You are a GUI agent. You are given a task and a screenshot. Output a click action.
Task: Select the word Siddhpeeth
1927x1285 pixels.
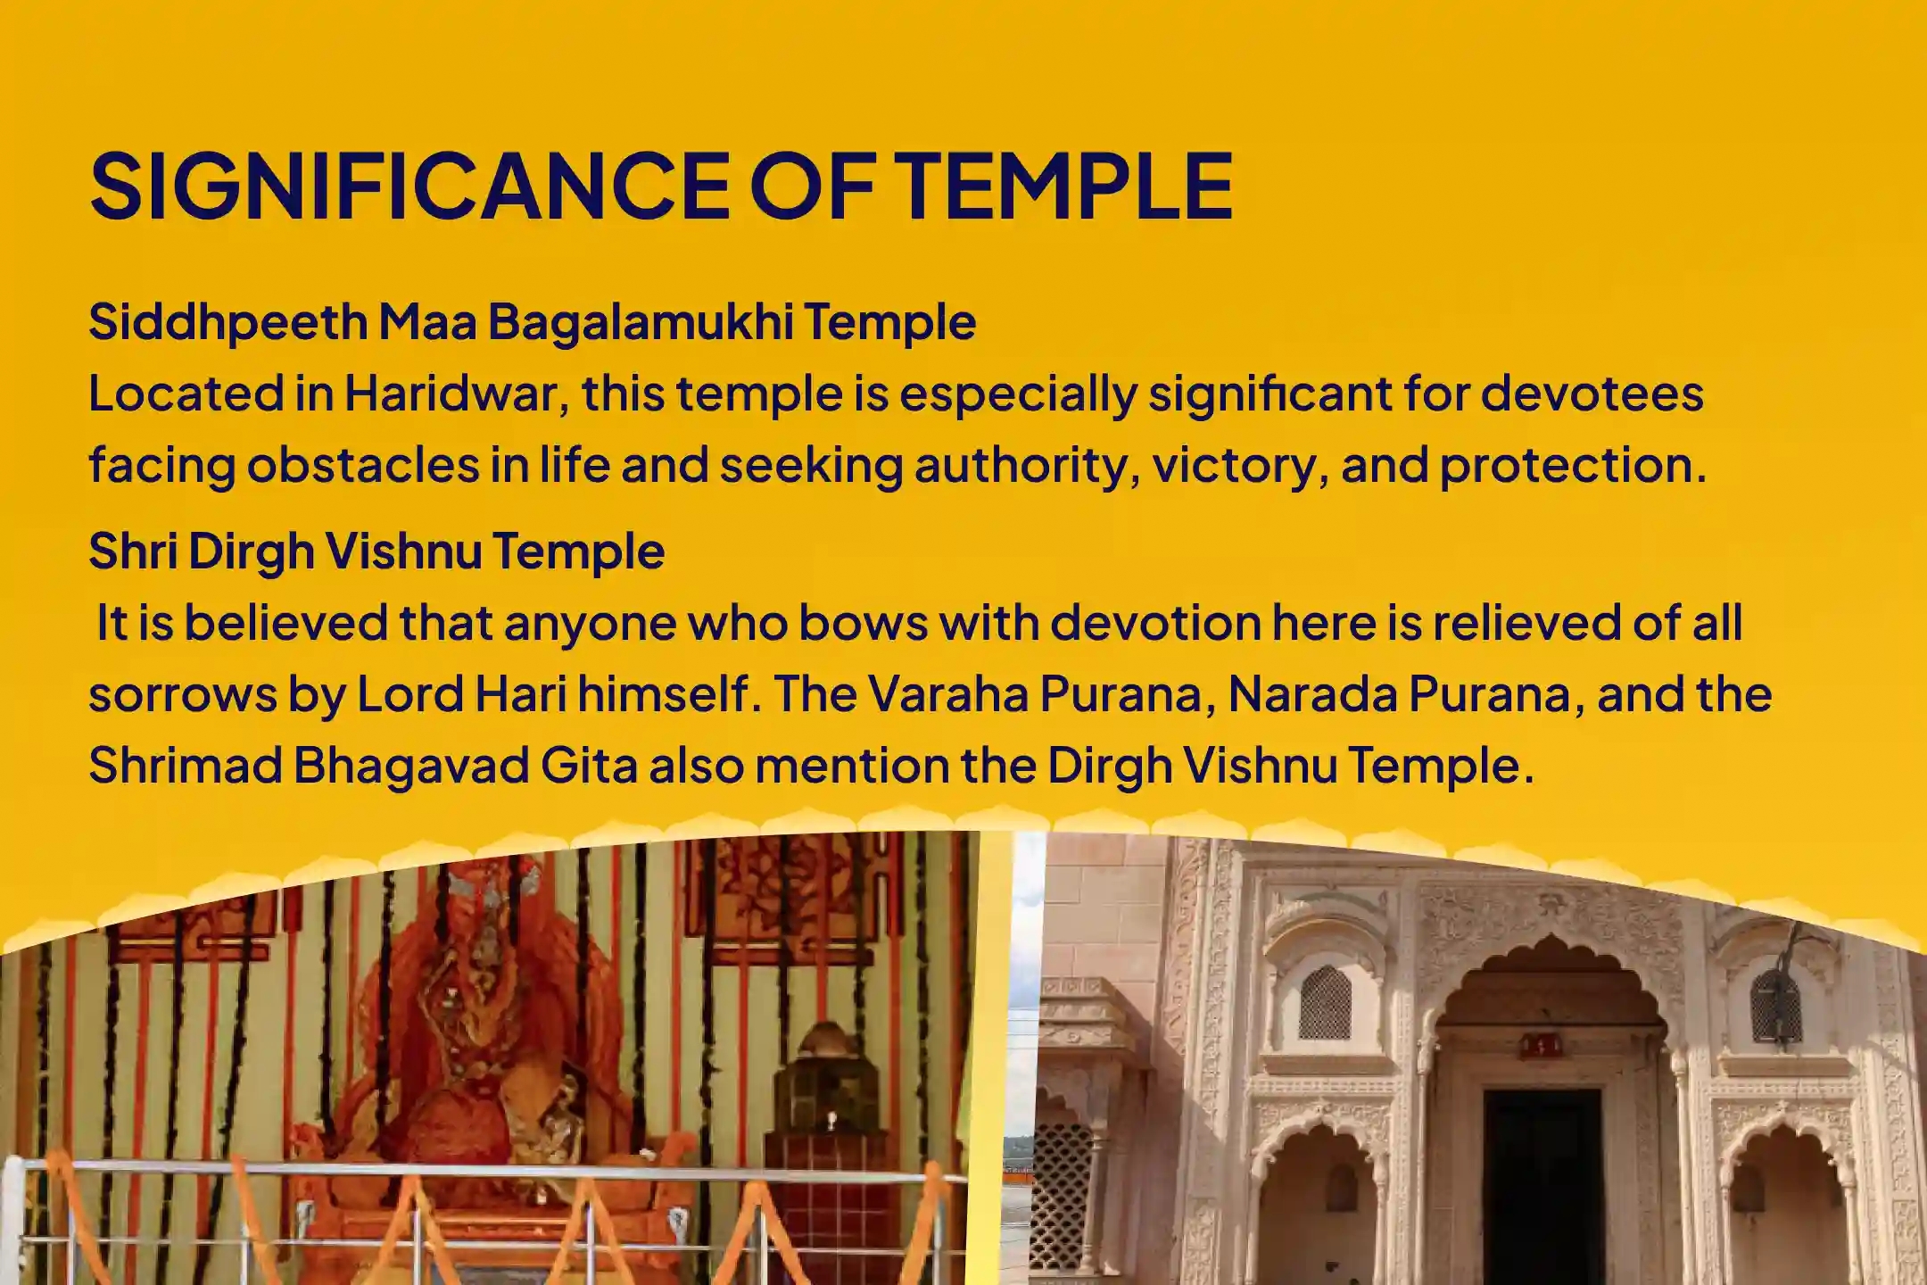tap(227, 321)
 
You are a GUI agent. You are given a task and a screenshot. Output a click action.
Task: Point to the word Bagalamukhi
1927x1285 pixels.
tap(641, 321)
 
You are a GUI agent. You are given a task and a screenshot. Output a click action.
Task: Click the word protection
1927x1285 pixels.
tap(1567, 465)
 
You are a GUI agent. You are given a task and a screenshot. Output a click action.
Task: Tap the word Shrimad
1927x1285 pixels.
tap(184, 766)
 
